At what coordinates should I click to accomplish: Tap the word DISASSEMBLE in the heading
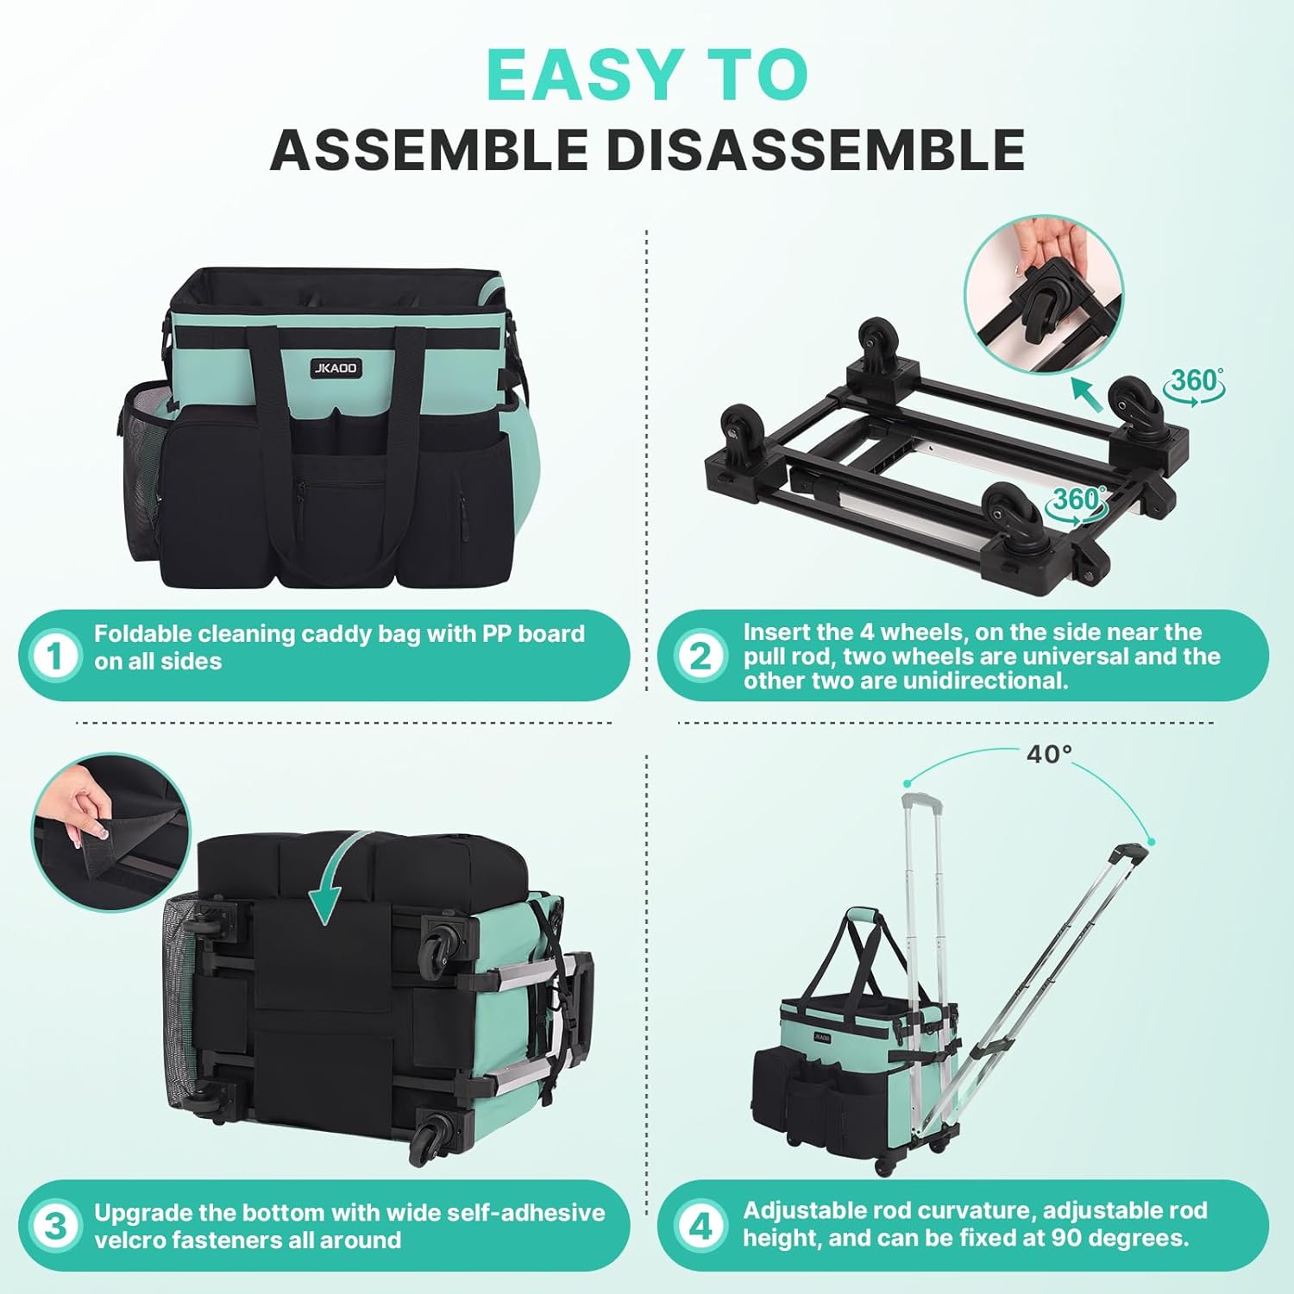pyautogui.click(x=815, y=150)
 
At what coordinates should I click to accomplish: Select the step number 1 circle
pyautogui.click(x=55, y=656)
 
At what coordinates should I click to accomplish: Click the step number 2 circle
pyautogui.click(x=700, y=656)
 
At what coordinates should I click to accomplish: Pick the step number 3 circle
pyautogui.click(x=55, y=1226)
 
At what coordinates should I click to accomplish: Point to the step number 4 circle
pyautogui.click(x=700, y=1226)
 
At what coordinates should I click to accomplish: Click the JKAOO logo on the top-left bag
pyautogui.click(x=336, y=368)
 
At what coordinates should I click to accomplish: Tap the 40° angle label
pyautogui.click(x=1049, y=754)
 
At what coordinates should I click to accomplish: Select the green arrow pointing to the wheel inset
pyautogui.click(x=1086, y=394)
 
